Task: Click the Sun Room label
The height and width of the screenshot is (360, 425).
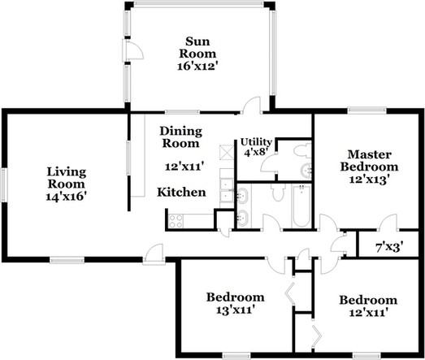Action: tap(197, 48)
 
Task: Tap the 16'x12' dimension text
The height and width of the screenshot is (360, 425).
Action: tap(197, 66)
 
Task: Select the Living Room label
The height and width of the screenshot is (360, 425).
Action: tap(67, 178)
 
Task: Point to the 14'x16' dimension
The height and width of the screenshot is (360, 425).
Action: tap(67, 197)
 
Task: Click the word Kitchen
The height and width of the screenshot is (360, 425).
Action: tap(181, 193)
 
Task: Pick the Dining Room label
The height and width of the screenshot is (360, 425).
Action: tap(180, 137)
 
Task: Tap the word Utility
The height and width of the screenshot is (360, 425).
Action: tap(256, 141)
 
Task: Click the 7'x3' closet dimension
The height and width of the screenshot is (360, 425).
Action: tap(390, 247)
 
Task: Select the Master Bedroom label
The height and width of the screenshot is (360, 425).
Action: tap(370, 160)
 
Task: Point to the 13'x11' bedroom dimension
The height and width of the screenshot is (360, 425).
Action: tap(236, 310)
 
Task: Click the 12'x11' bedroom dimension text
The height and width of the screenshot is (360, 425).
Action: tap(368, 313)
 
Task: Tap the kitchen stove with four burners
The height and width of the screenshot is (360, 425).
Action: tap(176, 221)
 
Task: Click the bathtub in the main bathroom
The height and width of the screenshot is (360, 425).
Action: tap(301, 206)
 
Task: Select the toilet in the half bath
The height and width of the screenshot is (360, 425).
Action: tap(302, 150)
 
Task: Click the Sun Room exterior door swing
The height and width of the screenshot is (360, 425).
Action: tap(133, 50)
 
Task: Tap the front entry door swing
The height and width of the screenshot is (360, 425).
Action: tap(154, 254)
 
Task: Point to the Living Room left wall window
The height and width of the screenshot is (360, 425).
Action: tap(3, 185)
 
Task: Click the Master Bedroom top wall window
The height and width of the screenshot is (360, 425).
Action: tap(367, 110)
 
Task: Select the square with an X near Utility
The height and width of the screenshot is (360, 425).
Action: tap(227, 152)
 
